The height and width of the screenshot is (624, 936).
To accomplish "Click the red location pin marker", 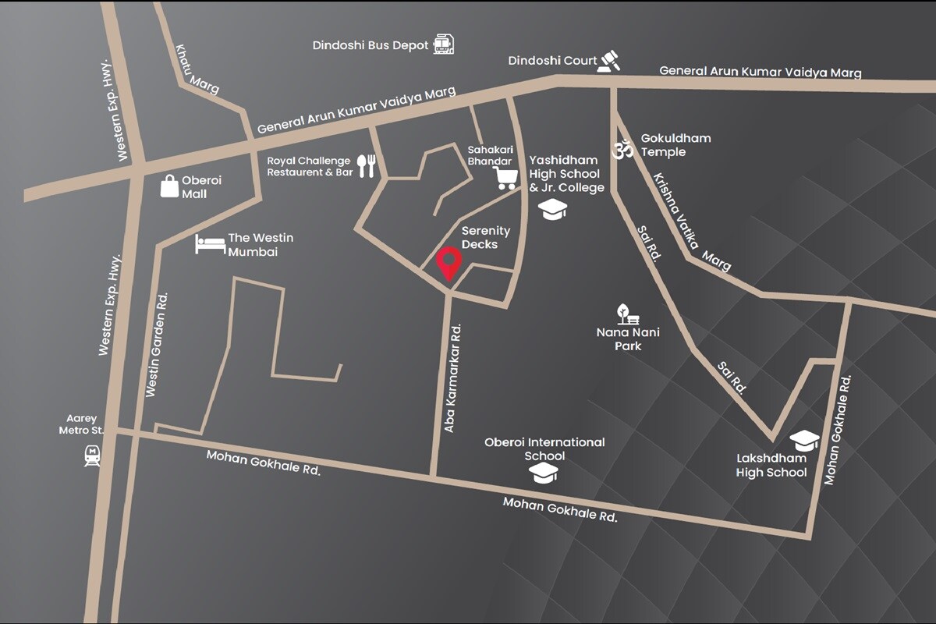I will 448,263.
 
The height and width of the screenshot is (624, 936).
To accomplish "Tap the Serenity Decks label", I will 485,238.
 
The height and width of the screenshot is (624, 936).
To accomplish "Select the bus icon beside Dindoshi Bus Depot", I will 443,44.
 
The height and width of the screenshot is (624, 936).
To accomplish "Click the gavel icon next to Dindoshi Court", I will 608,61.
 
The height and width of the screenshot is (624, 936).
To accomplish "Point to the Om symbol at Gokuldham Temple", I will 623,148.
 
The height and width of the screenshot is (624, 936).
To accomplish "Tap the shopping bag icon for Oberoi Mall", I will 169,186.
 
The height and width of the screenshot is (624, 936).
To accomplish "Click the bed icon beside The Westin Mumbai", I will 210,243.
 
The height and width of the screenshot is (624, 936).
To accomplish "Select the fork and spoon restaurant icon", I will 367,165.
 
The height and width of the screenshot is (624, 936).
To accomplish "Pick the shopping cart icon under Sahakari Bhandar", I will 505,179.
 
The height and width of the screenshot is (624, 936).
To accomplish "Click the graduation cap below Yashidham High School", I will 554,209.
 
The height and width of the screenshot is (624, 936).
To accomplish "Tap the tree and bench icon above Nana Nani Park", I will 628,314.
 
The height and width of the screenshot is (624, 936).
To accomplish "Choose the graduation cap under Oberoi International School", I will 544,473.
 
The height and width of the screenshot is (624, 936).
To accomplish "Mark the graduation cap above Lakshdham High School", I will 804,440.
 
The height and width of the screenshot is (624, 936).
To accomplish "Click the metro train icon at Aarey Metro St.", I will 92,455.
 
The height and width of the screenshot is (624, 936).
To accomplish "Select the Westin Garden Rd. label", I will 157,344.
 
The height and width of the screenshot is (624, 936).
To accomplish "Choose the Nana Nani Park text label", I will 628,339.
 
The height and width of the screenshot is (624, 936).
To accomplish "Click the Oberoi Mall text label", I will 201,186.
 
